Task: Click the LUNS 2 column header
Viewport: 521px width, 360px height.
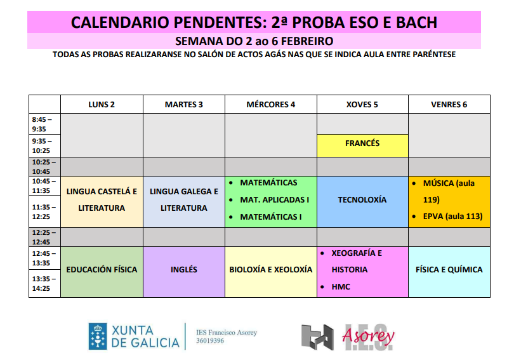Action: pos(102,105)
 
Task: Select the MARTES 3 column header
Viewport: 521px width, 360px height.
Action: pos(184,105)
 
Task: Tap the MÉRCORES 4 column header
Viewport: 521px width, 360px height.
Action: pos(271,105)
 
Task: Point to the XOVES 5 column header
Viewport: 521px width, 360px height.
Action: pos(362,105)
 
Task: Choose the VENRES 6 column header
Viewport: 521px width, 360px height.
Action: pos(449,105)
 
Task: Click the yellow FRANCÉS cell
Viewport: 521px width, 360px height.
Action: pos(362,143)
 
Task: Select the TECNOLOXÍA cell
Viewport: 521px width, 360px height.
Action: pos(362,200)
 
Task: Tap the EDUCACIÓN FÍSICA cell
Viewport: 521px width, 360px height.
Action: pos(102,270)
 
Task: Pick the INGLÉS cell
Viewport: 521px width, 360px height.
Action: pos(184,270)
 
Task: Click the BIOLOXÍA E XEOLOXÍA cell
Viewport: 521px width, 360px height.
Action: pos(271,270)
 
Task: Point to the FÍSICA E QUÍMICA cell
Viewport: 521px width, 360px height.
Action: pos(449,270)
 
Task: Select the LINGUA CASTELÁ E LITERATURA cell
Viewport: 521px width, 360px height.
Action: pos(102,199)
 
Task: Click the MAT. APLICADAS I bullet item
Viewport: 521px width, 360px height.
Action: pos(274,200)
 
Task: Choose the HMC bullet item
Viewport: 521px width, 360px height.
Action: pos(341,287)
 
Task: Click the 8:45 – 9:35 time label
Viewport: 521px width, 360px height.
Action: pos(43,124)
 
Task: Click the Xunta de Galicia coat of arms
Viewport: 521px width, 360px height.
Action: pos(97,337)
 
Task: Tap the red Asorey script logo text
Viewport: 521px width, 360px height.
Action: pos(369,336)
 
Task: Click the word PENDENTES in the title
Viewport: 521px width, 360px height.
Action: pos(213,23)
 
